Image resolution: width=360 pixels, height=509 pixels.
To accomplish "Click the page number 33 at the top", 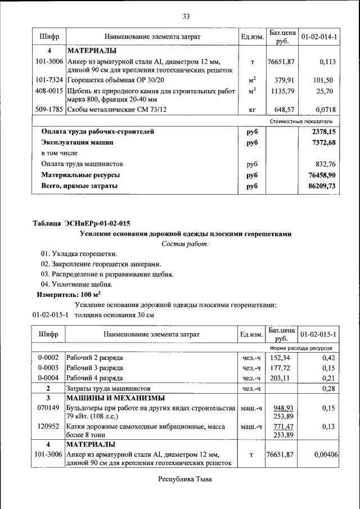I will (186, 16).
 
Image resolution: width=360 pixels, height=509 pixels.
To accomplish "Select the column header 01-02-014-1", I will (318, 37).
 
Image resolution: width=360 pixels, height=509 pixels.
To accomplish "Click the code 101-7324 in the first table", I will (48, 80).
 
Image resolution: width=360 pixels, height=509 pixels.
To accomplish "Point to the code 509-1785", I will (48, 109).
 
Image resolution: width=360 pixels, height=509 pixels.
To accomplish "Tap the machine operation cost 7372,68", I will (319, 143).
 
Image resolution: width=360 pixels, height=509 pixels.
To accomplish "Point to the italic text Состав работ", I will (185, 244).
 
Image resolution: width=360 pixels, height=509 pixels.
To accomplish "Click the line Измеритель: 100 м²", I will (69, 294).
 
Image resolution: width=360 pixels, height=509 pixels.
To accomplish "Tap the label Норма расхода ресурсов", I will (301, 348).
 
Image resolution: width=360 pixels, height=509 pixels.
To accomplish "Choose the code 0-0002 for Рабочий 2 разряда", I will (48, 358).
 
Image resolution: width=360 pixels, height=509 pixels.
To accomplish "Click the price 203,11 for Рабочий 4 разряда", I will (280, 378).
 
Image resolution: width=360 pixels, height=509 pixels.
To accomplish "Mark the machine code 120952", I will (48, 427).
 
